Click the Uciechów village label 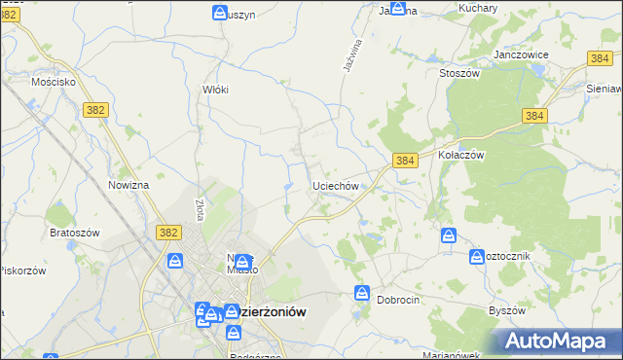337,185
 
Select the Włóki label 214,90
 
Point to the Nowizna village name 128,185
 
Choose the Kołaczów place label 460,155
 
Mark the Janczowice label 523,55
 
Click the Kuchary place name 477,8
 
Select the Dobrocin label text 398,300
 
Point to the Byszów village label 506,310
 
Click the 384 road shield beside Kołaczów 406,160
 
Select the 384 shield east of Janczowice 600,58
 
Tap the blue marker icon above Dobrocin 362,292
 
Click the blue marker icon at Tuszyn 220,13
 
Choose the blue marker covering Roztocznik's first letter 477,256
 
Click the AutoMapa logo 559,341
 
